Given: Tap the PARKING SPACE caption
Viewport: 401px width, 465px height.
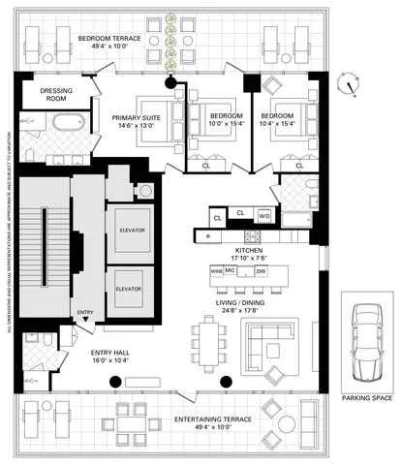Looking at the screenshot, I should [366, 397].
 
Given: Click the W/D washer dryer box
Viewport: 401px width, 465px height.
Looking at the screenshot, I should [263, 215].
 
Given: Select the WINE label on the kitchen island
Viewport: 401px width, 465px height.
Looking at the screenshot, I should [217, 272].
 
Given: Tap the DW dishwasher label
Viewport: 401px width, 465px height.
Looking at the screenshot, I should [273, 273].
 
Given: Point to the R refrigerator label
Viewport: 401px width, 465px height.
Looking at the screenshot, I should [207, 236].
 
